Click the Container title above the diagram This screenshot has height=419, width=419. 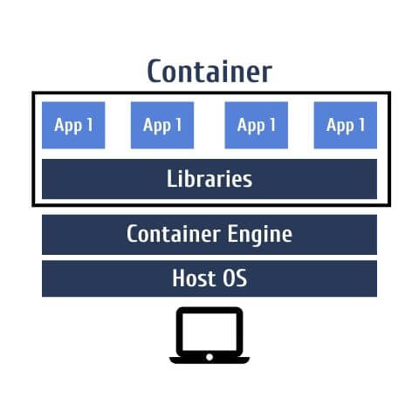tap(209, 72)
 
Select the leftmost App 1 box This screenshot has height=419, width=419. tap(73, 125)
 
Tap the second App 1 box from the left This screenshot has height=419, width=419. tap(162, 125)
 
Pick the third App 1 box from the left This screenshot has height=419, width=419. tap(257, 125)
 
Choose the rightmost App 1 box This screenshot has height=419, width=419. tap(346, 125)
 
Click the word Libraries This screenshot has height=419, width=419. tap(209, 179)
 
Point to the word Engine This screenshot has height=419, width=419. tap(259, 235)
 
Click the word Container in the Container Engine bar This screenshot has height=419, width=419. tap(174, 233)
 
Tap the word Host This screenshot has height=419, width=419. tap(194, 278)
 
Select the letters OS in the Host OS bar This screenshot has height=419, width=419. tap(235, 278)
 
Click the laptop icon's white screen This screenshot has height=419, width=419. tap(209, 332)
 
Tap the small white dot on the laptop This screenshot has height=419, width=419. tap(209, 357)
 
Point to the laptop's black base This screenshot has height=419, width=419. tap(209, 361)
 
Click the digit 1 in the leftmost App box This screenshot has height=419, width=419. tap(90, 125)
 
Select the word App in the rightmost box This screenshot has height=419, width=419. tap(340, 126)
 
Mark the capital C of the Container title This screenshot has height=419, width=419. tap(155, 72)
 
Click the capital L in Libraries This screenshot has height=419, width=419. tap(172, 178)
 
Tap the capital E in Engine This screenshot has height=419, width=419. tap(232, 233)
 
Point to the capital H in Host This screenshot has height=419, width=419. tap(179, 278)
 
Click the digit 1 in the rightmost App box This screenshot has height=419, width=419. tap(361, 125)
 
